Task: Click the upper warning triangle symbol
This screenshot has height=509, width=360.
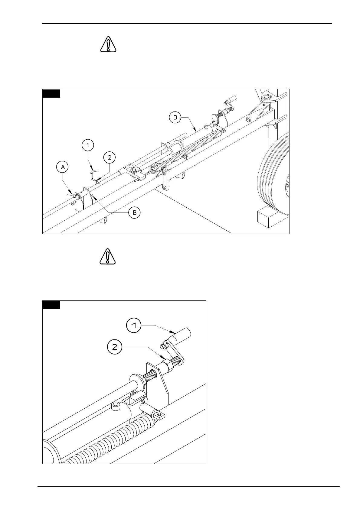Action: [x=108, y=44]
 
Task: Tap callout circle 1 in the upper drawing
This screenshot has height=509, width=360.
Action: [x=88, y=145]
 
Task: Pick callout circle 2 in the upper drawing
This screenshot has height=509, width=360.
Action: [x=110, y=157]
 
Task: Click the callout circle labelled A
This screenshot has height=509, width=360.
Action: [x=63, y=167]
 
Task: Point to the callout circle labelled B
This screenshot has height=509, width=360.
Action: [x=135, y=213]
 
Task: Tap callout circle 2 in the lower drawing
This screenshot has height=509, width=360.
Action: [x=115, y=347]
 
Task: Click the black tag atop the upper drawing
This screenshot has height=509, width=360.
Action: [x=51, y=93]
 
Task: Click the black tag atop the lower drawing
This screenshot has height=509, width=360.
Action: [x=51, y=305]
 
